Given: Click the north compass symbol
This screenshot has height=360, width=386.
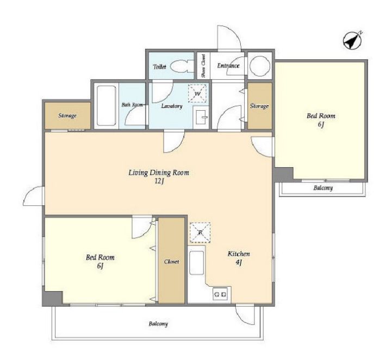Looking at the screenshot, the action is (352, 41).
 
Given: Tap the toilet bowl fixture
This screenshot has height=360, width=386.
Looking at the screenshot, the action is (182, 66).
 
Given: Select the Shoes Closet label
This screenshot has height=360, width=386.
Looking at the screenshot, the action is (203, 66).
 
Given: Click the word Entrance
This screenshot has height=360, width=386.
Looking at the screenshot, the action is (228, 66).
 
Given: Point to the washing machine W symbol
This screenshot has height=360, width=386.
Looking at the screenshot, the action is (197, 93).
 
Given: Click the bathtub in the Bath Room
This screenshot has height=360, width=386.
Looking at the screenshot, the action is (107, 105).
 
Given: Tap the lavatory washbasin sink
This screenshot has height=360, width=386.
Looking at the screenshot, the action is (201, 117).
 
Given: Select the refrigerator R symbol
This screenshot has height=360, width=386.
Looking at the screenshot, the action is (200, 232).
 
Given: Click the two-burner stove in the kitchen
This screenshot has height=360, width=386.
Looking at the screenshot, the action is (220, 294).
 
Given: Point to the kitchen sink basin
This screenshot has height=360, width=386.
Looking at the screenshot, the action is (196, 263).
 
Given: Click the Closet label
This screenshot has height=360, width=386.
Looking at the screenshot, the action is (171, 262).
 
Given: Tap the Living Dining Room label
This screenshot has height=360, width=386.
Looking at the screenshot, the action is (159, 173).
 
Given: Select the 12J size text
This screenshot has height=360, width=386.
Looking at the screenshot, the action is (159, 181).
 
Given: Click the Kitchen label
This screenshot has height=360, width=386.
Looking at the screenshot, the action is (239, 254).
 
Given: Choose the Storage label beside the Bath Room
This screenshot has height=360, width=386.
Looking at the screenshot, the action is (67, 116).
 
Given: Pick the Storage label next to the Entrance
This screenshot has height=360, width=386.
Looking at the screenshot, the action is (259, 106).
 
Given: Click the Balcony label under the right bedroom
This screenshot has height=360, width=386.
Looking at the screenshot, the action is (323, 188).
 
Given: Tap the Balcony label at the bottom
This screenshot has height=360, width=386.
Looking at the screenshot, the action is (158, 324).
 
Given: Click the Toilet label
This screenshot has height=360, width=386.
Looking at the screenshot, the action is (159, 67).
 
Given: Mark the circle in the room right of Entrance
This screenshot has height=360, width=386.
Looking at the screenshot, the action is (260, 65).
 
